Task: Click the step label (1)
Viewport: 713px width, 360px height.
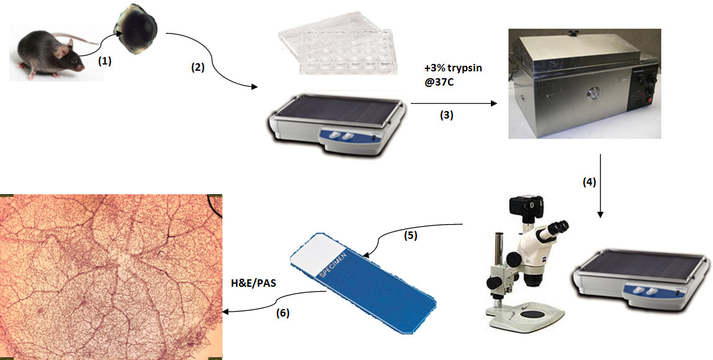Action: [x=104, y=61]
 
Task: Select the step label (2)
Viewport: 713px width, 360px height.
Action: [x=197, y=68]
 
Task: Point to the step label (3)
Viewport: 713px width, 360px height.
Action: [x=447, y=115]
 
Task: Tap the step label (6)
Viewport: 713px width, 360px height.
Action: [x=282, y=313]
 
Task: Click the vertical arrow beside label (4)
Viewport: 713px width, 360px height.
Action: [x=600, y=186]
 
